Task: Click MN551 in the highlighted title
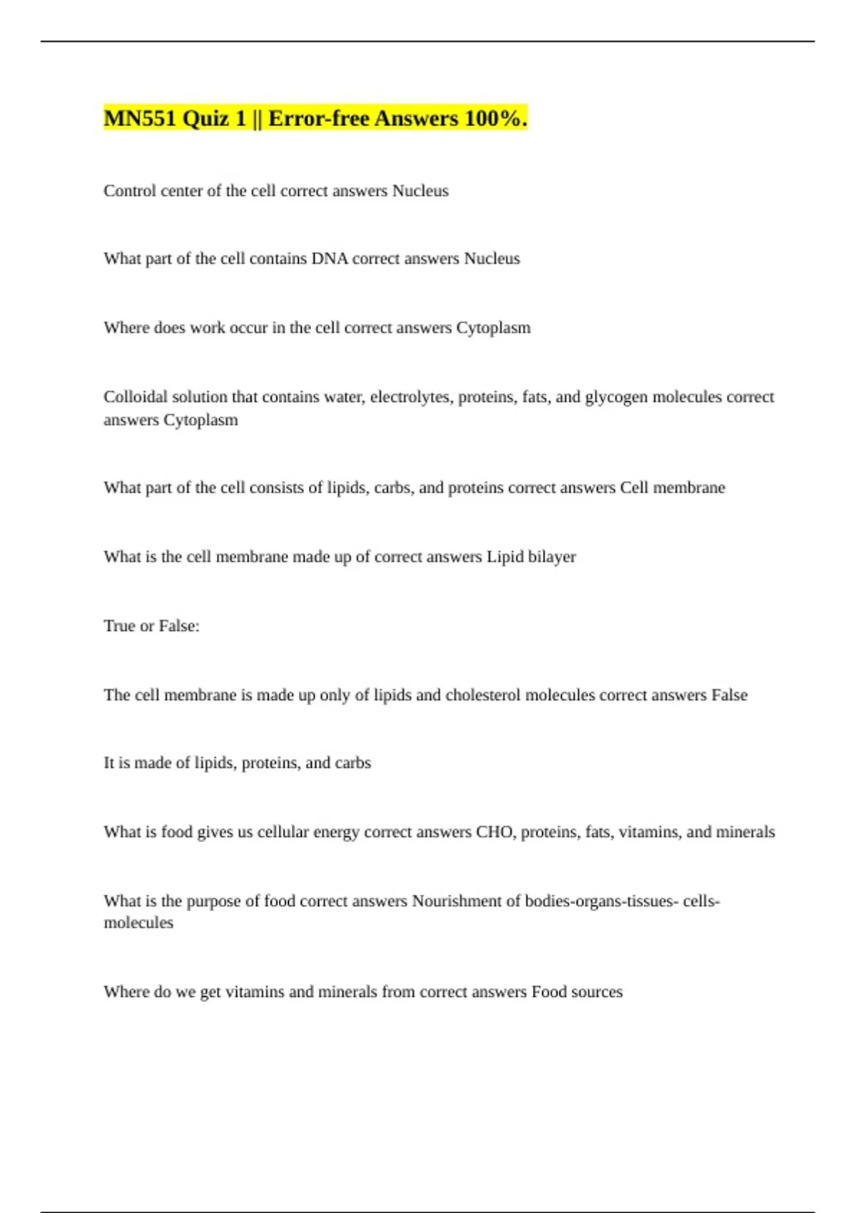point(140,118)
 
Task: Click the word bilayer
point(551,557)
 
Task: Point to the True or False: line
point(151,626)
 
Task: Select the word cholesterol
point(483,695)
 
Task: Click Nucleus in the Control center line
point(420,191)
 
